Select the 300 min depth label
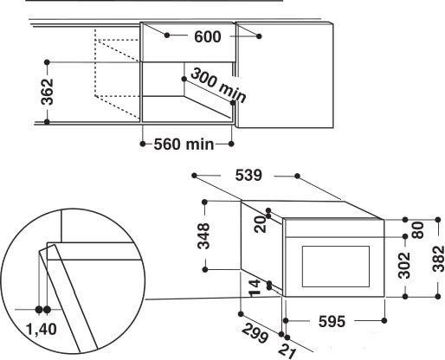(218, 85)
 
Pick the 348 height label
(203, 236)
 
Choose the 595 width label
(330, 321)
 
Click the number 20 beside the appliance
(260, 224)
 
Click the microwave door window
(333, 264)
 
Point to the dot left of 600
(166, 35)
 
